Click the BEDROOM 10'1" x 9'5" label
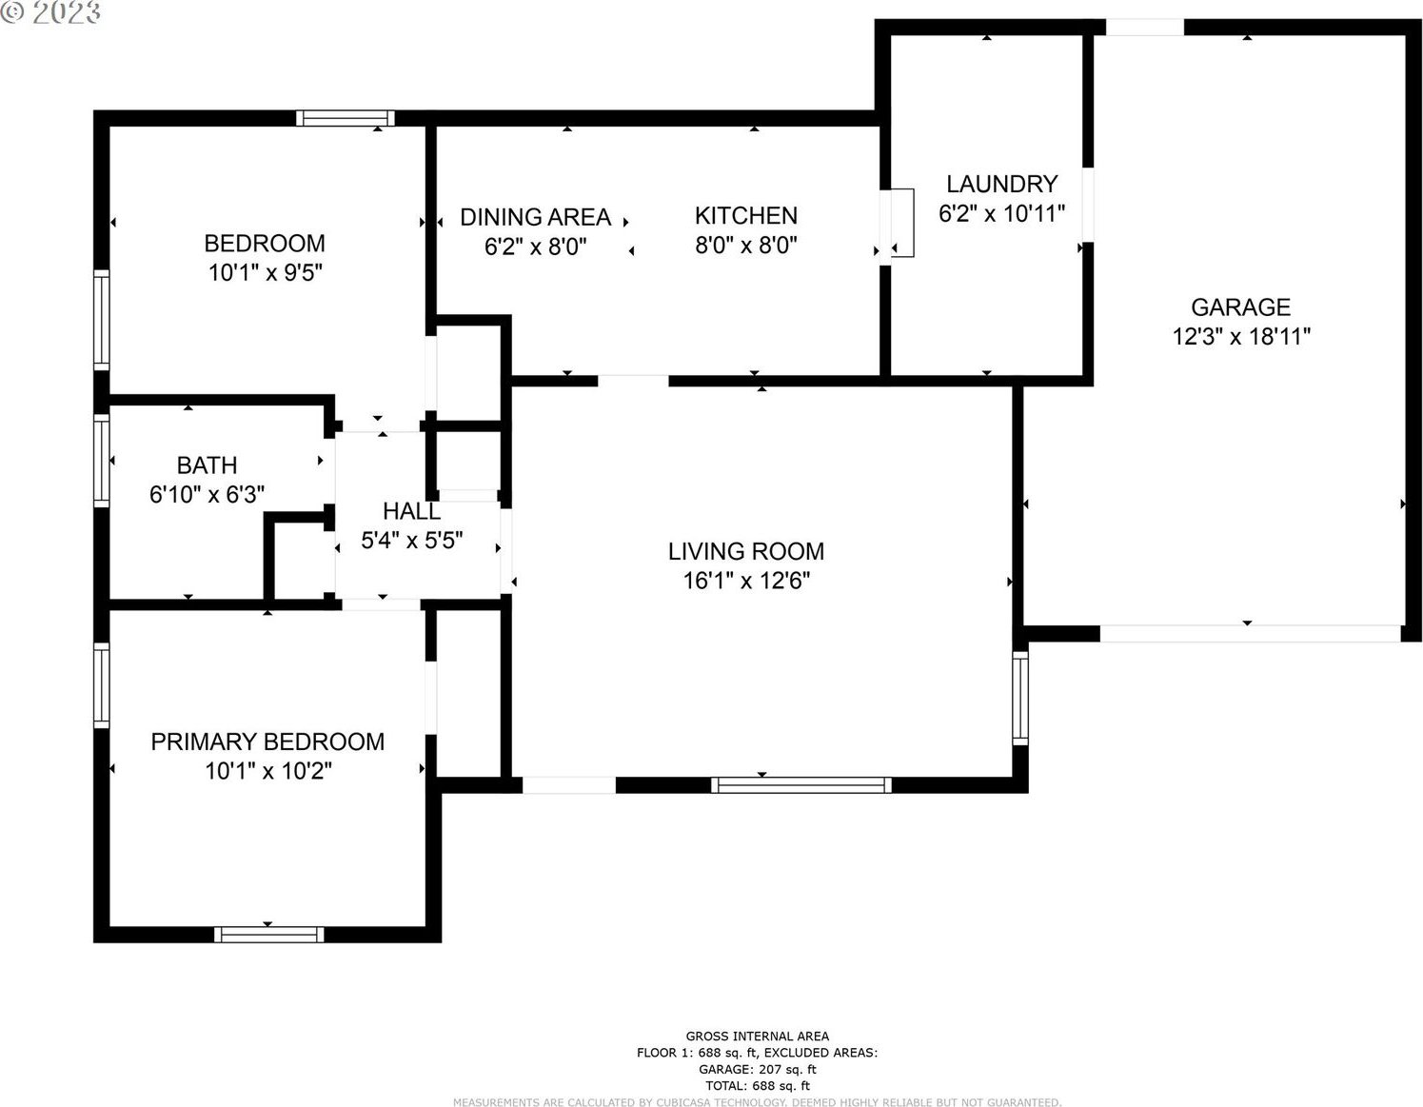(265, 258)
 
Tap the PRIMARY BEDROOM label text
(267, 741)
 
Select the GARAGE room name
(1240, 307)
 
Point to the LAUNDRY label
(1002, 184)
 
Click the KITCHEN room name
(746, 215)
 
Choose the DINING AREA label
(535, 217)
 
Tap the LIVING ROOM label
(746, 551)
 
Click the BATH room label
(207, 465)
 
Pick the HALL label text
(412, 511)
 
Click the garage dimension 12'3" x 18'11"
(1241, 337)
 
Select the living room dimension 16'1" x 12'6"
(746, 581)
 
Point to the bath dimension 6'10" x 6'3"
(207, 494)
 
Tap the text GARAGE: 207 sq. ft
(758, 1069)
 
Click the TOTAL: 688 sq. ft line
(758, 1085)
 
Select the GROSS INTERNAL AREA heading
(757, 1036)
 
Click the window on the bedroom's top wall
(346, 118)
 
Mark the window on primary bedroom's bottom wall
(269, 934)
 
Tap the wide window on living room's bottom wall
(801, 785)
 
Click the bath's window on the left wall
(102, 460)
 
